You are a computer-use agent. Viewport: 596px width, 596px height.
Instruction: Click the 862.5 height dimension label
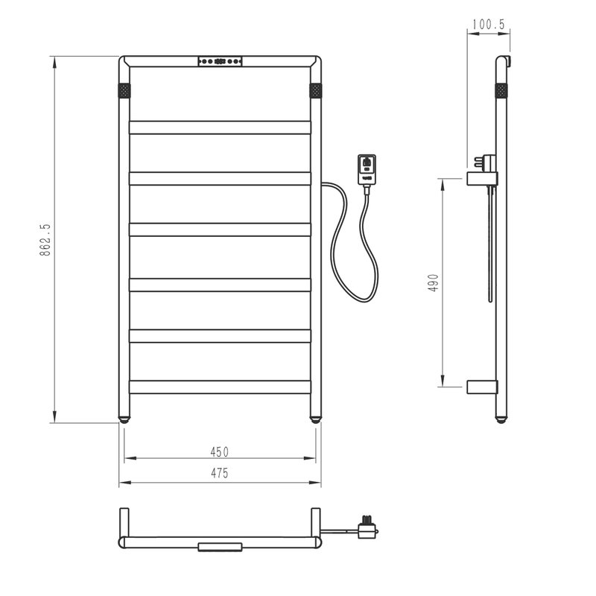45,239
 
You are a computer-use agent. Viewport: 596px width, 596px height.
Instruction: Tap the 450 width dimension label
220,452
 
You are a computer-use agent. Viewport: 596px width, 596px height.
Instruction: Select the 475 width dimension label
220,473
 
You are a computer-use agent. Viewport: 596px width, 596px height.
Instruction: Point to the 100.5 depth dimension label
489,25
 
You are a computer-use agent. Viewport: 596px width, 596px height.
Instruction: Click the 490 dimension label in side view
434,283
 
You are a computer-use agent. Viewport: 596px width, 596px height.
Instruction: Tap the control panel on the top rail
220,61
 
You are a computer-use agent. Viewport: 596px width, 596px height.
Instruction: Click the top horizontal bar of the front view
220,127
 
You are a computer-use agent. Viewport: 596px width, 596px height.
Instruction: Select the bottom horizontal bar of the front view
220,387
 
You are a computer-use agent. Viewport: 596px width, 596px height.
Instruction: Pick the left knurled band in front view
124,91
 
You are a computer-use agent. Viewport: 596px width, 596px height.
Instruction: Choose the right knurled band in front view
315,91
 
